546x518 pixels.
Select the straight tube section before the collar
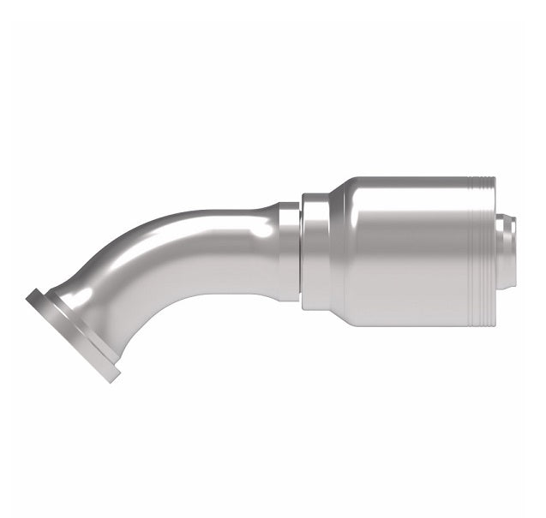pos(240,248)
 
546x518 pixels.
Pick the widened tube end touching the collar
pos(287,248)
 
